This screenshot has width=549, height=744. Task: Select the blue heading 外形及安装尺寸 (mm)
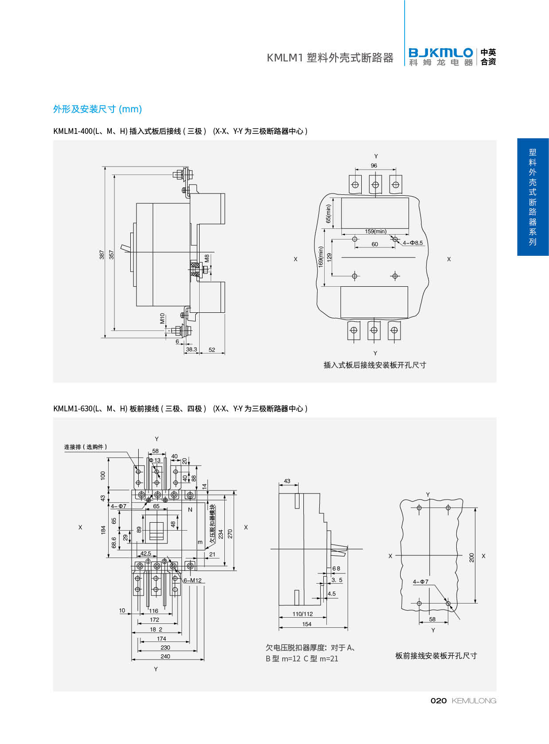tap(98, 109)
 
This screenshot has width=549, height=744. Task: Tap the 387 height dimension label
tap(102, 255)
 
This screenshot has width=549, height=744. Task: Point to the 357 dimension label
tap(111, 255)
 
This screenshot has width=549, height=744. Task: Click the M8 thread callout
tap(207, 258)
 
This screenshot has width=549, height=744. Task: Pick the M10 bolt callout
tap(162, 318)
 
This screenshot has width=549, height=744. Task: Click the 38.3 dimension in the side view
tap(191, 349)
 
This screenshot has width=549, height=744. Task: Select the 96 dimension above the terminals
tap(374, 166)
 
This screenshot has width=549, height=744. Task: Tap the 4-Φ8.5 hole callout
tap(413, 243)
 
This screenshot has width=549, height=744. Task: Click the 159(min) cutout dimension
tap(375, 232)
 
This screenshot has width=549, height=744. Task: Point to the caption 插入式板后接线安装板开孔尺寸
tap(375, 365)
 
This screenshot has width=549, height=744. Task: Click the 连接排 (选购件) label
tap(86, 447)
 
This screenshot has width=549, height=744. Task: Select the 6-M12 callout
tap(193, 581)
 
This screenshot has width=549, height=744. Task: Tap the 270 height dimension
tap(230, 534)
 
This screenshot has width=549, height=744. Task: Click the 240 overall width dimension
tap(165, 657)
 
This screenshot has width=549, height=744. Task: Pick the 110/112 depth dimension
tap(303, 614)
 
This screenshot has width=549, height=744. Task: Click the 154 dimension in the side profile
tap(307, 624)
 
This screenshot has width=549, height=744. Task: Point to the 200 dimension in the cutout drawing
tap(472, 558)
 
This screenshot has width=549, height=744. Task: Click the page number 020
tap(439, 701)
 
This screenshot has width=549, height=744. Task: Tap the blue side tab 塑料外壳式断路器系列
tap(533, 197)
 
